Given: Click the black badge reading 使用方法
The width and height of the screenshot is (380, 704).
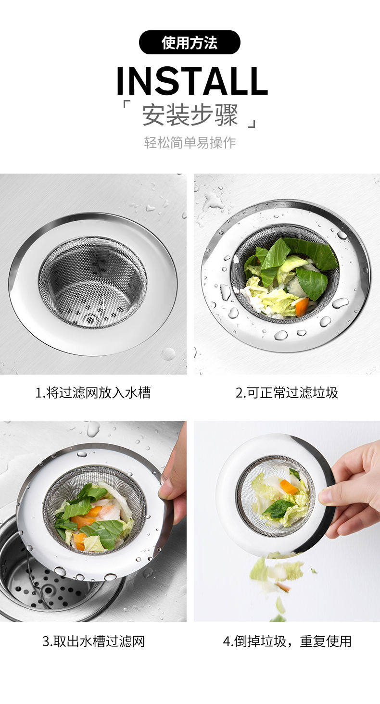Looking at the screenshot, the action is pyautogui.click(x=190, y=42).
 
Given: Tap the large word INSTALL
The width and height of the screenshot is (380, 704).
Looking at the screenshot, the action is pyautogui.click(x=192, y=81).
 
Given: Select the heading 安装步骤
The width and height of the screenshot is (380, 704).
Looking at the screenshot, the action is pyautogui.click(x=190, y=115).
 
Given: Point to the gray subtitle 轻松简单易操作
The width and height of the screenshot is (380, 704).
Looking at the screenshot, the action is pyautogui.click(x=190, y=143).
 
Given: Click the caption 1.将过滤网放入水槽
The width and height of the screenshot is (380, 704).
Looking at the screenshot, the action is pyautogui.click(x=93, y=393).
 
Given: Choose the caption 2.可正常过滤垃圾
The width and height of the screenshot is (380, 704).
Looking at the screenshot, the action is pyautogui.click(x=287, y=393).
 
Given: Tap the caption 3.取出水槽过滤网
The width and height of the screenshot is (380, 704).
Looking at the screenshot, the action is pyautogui.click(x=93, y=641).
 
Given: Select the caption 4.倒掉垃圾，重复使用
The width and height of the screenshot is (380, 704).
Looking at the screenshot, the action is pyautogui.click(x=287, y=641).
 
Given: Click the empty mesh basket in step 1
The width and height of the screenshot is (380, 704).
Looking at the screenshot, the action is pyautogui.click(x=93, y=282).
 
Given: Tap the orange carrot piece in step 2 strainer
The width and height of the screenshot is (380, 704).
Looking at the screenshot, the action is pyautogui.click(x=302, y=307).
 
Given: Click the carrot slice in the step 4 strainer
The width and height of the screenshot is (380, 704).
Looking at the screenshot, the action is pyautogui.click(x=289, y=487).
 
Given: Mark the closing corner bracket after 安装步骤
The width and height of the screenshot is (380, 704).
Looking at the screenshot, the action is pyautogui.click(x=253, y=124).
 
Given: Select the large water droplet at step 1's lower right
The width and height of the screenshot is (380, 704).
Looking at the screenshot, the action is pyautogui.click(x=168, y=354).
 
